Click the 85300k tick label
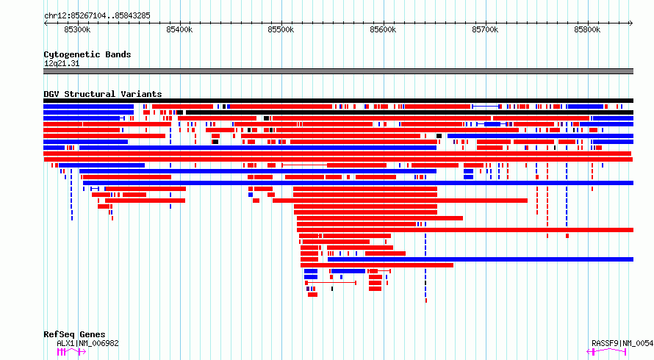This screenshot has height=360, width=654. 77,29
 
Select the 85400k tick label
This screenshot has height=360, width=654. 179,29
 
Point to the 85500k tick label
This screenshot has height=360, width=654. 281,29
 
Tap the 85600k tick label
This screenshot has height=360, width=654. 383,29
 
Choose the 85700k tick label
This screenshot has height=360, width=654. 485,29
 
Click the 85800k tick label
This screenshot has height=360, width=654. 587,29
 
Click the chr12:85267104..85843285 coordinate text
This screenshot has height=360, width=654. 97,16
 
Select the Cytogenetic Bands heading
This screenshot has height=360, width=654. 87,54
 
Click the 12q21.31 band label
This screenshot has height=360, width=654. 62,63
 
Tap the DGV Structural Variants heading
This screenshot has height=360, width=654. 103,94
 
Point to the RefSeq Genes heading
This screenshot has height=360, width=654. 74,334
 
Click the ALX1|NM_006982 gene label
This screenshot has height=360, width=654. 87,343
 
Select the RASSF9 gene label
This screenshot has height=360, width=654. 622,343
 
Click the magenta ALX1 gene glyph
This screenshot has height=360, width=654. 71,352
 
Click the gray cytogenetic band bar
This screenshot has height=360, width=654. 338,71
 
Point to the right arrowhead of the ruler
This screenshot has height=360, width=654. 631,23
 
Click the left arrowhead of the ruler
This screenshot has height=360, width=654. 46,23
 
